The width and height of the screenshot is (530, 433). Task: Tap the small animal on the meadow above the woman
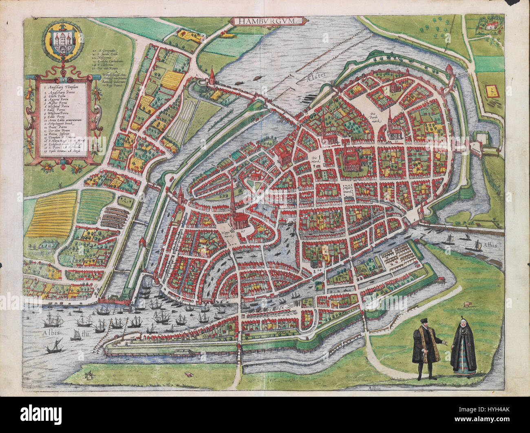tap(466, 303)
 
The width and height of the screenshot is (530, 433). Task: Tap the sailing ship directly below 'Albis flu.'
tap(54, 347)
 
